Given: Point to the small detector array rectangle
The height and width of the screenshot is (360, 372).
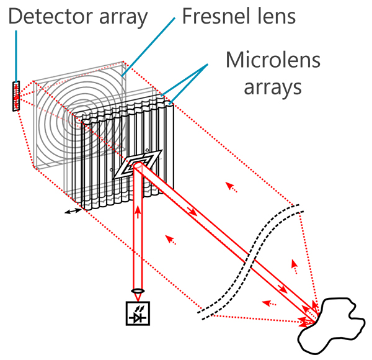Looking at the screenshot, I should (x=15, y=96).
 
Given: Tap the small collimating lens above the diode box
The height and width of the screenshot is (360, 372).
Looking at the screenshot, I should (x=136, y=290).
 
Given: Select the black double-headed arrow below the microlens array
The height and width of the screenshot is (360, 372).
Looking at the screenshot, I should (x=73, y=212).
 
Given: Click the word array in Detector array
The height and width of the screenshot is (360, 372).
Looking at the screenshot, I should (x=118, y=17).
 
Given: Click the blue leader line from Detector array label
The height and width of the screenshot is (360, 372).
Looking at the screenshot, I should (x=16, y=56).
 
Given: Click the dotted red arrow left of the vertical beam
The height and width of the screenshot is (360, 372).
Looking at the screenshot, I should (x=171, y=239).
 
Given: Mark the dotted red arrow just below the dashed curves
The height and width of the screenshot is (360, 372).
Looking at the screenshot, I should (x=268, y=304).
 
